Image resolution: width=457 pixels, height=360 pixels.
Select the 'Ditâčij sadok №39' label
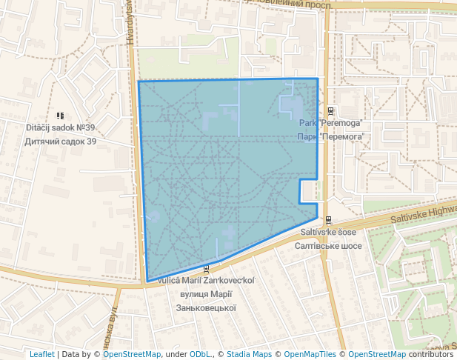click(x=61, y=127)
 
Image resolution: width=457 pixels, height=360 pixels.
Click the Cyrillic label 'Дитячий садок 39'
click(x=61, y=141)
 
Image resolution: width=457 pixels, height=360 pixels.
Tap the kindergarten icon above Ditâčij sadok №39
click(x=60, y=116)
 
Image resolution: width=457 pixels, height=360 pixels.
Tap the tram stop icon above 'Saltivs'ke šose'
click(x=327, y=219)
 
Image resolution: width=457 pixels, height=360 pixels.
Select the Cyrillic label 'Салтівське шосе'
click(x=328, y=245)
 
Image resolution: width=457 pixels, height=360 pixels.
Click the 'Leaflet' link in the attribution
click(x=41, y=354)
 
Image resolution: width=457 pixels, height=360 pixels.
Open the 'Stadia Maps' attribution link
click(x=248, y=354)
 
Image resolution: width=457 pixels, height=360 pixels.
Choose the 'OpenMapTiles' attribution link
click(x=310, y=354)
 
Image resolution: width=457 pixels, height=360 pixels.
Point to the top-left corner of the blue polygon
click(x=139, y=81)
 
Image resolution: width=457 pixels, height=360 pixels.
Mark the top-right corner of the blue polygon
click(x=318, y=79)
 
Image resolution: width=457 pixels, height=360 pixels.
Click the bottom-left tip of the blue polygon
click(x=147, y=281)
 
